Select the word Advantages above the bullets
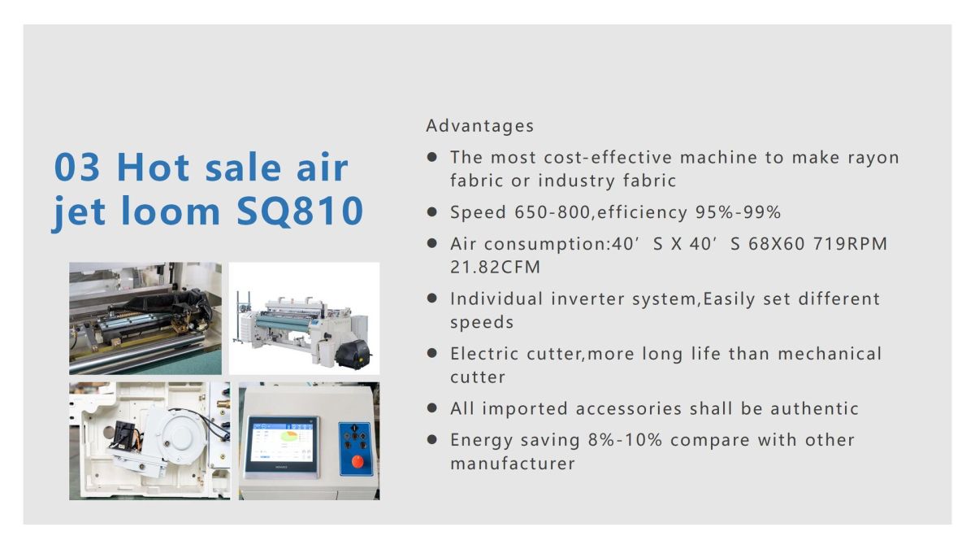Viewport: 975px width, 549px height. click(x=480, y=126)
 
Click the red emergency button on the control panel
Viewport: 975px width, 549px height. click(x=357, y=462)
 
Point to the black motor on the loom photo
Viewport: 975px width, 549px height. click(x=357, y=352)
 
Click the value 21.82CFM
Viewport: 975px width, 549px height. click(x=495, y=268)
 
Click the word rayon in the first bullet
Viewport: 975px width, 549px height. click(x=873, y=158)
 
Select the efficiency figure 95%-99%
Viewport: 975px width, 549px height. click(x=738, y=212)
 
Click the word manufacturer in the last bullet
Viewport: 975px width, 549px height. click(x=513, y=464)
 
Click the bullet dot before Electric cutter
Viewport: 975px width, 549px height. click(x=433, y=354)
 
